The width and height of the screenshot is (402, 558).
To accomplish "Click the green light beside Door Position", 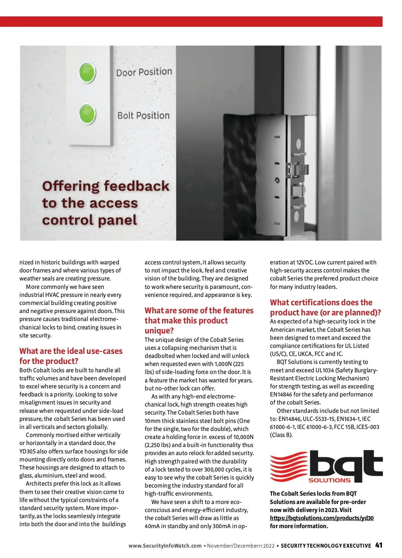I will click(x=87, y=73).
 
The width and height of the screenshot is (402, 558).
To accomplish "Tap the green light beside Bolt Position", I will click(x=87, y=114).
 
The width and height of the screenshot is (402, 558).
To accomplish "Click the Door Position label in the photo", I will click(x=144, y=72).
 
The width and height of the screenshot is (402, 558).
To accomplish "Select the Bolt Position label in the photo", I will click(x=143, y=116).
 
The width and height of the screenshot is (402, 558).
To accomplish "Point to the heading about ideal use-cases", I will click(x=71, y=356).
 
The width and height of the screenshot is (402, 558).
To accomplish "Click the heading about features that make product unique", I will click(x=199, y=320).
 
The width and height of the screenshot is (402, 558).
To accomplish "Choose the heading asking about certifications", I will click(x=325, y=307).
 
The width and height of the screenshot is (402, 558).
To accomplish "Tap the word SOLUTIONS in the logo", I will click(x=329, y=480).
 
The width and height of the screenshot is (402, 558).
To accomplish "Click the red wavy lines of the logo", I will click(x=289, y=466).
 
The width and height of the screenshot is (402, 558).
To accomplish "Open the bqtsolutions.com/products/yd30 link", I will click(x=322, y=518).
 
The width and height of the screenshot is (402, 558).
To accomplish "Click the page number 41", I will click(x=379, y=545).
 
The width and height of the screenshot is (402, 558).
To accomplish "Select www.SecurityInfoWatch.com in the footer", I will click(x=165, y=546).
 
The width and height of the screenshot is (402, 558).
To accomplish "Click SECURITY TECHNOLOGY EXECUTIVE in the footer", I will click(x=326, y=546).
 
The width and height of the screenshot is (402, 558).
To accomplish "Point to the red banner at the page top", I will click(x=191, y=21).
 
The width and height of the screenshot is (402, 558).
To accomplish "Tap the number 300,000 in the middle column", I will click(x=214, y=470).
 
